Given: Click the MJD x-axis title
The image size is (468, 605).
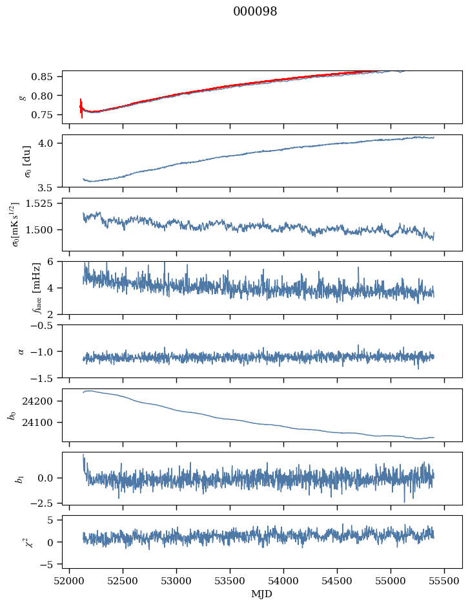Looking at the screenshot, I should click(x=261, y=593).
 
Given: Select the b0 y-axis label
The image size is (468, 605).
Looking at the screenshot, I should click(x=12, y=415).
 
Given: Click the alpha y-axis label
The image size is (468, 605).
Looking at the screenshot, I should click(x=21, y=352).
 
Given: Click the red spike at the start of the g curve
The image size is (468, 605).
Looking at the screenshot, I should click(x=81, y=107).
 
